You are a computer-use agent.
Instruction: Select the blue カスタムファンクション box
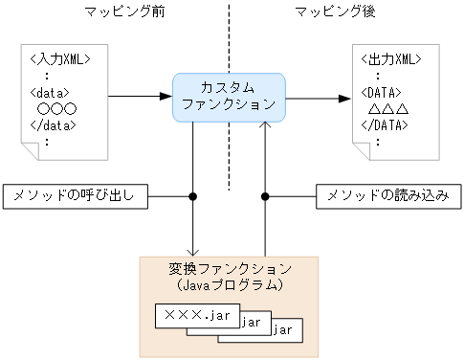pos(229,96)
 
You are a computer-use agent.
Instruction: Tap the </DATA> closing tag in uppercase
pos(392,125)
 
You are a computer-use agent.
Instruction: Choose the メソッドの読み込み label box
pos(387,196)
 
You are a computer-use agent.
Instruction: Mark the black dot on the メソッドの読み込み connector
pos(265,196)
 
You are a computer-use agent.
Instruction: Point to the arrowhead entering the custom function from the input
pos(166,97)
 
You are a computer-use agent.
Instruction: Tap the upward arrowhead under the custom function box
pos(265,125)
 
